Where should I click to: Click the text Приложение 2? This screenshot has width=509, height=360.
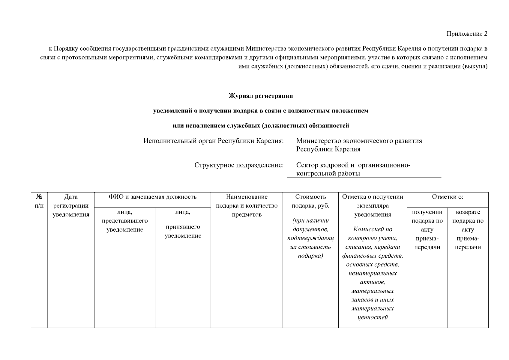click(467, 34)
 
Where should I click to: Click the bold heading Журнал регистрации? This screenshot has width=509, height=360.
click(261, 96)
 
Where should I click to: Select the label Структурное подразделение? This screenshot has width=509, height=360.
click(239, 165)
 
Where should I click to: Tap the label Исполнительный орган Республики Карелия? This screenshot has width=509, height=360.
click(213, 141)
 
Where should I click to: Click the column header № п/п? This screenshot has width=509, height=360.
click(39, 201)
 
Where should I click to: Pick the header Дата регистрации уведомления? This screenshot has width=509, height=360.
click(71, 205)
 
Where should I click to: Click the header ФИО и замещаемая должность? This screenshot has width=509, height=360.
click(152, 197)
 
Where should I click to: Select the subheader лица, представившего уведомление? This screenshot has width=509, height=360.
click(125, 221)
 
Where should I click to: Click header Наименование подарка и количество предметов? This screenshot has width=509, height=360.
click(247, 205)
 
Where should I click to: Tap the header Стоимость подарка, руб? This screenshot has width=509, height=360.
click(310, 201)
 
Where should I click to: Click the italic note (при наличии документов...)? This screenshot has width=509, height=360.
click(310, 238)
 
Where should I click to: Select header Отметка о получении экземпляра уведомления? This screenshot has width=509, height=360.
click(373, 205)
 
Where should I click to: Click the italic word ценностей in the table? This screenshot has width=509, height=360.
click(373, 317)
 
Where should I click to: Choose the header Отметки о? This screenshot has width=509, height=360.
click(448, 197)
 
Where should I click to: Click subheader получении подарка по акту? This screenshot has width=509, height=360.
click(427, 229)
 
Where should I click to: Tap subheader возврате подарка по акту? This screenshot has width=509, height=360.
click(468, 229)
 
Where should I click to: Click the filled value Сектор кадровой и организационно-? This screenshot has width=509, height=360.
click(353, 165)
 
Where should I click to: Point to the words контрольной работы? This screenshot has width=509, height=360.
click(328, 173)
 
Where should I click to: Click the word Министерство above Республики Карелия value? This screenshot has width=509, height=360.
click(319, 141)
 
